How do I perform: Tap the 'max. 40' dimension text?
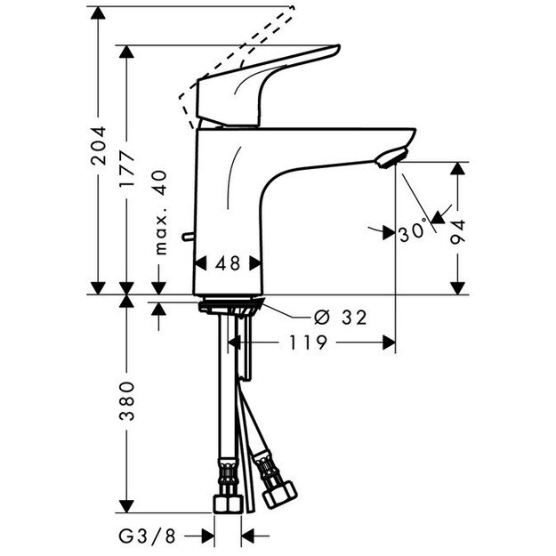[x=161, y=214]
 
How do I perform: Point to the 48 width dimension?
[x=230, y=264]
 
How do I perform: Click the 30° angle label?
[x=412, y=233]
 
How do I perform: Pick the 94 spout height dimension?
[x=459, y=230]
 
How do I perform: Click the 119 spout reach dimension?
[x=306, y=342]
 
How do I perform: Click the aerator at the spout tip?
[x=391, y=159]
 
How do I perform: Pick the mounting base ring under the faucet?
[x=229, y=305]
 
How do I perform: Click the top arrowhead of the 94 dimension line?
[x=459, y=169]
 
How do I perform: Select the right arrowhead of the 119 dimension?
[x=389, y=342]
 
